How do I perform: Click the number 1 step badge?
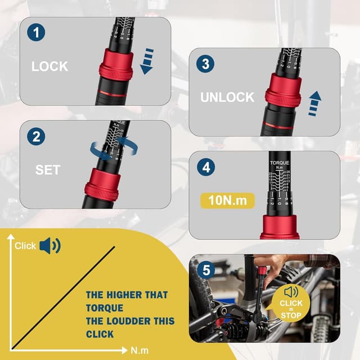coord(37,32)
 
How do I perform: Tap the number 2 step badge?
coord(37,136)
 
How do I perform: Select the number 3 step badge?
coord(205,64)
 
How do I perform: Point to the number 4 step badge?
coord(205,167)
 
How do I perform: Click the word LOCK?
coord(49,66)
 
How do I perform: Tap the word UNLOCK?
coord(227,97)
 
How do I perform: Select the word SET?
coord(48,170)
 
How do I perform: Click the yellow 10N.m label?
coord(227,200)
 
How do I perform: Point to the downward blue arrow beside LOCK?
coord(147,61)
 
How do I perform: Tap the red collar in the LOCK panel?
coord(116,66)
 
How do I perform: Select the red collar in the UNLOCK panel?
coord(283,90)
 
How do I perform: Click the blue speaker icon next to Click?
coord(49,246)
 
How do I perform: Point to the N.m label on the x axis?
coord(139,350)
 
